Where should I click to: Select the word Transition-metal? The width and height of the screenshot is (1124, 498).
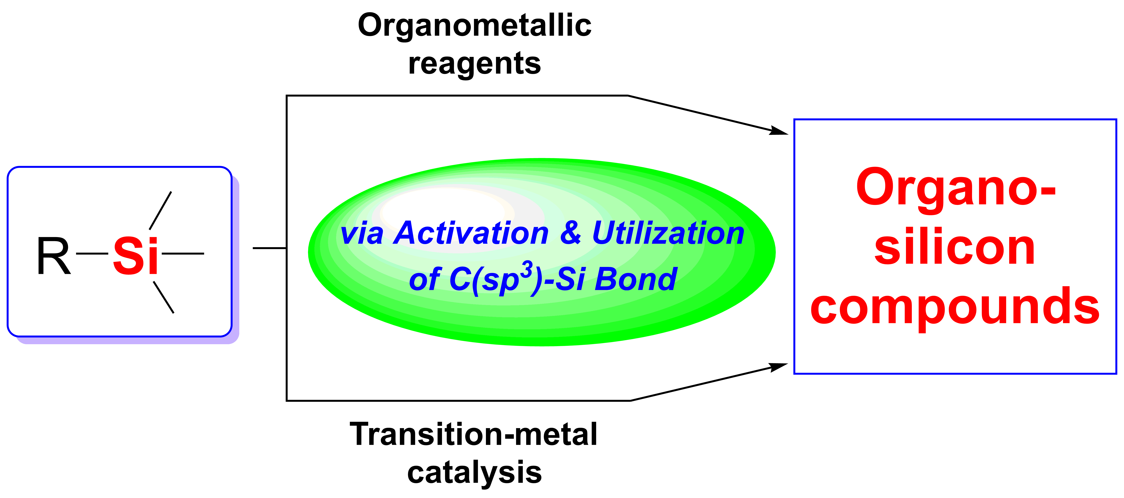tap(473, 435)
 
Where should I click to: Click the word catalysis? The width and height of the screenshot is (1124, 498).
tap(474, 473)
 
